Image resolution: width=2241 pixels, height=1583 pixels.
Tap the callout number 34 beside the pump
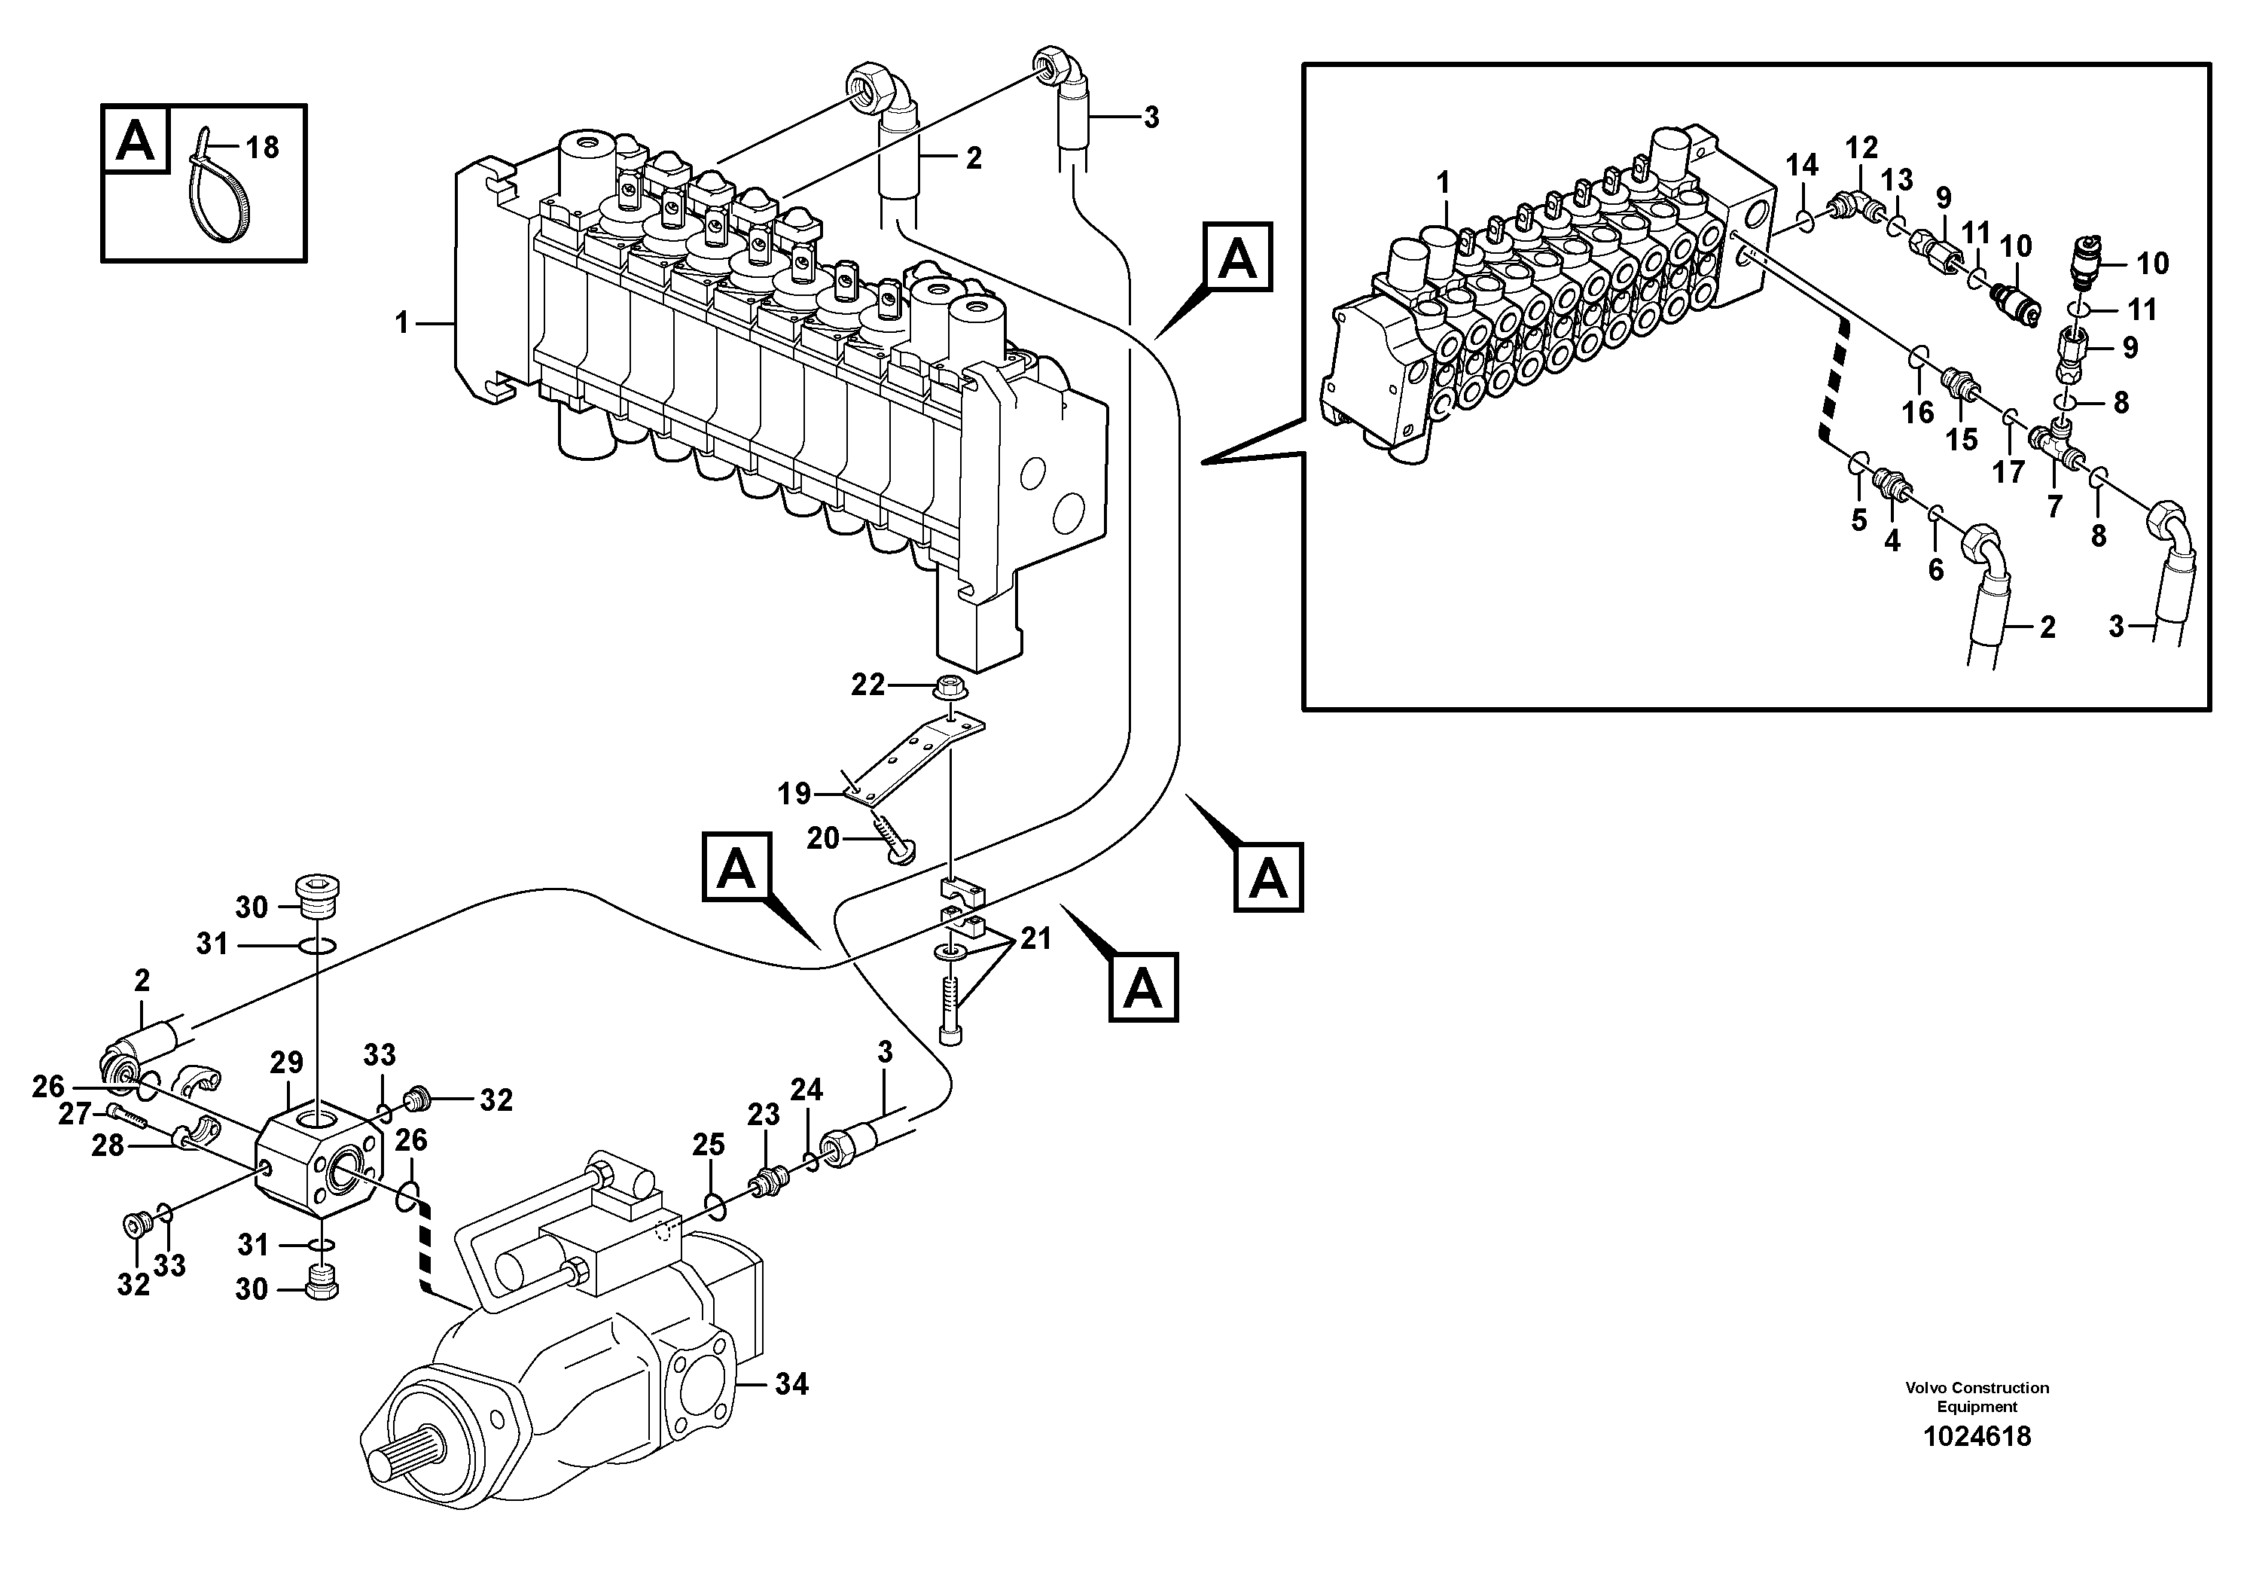pos(791,1384)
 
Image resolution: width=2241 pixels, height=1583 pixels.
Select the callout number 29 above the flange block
pos(287,1063)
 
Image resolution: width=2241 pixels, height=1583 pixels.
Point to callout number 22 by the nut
pos(867,685)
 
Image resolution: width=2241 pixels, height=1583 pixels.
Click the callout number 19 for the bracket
pos(794,794)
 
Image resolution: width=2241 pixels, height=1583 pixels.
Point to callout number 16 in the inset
pos(1917,412)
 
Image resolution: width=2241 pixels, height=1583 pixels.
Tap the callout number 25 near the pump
pos(709,1144)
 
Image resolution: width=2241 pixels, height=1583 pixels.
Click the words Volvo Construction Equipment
pos(1977,1396)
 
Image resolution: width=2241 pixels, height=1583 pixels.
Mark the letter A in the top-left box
pos(136,142)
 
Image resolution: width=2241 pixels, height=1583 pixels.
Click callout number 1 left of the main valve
pos(401,322)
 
